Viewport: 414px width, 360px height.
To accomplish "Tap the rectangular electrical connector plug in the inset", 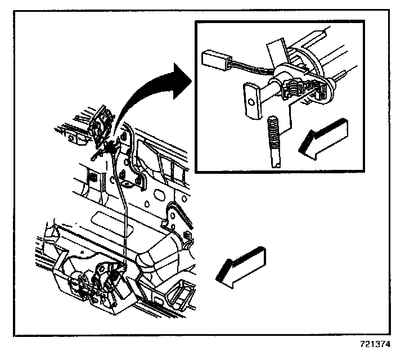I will click(215, 59).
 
